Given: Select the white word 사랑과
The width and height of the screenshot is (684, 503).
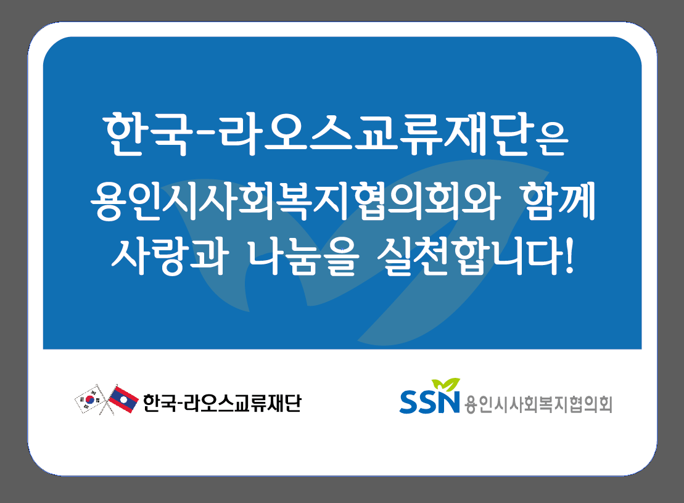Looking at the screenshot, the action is tap(170, 256).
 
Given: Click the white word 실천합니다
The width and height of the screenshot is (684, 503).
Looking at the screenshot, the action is tap(469, 256).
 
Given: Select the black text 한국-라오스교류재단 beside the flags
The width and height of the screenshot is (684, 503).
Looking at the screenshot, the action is tap(222, 403).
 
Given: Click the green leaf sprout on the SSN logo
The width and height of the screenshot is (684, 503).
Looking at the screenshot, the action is tap(446, 385).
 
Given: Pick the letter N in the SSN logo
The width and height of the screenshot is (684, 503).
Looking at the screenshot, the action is tap(448, 401).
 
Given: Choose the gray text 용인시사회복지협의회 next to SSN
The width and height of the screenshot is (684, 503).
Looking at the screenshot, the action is tap(538, 404).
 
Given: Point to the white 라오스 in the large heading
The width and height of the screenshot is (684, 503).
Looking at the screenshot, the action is tap(286, 134).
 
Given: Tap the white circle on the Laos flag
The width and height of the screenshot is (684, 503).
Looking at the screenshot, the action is tap(123, 399).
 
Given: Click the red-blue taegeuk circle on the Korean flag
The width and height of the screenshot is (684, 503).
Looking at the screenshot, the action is tap(90, 399).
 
